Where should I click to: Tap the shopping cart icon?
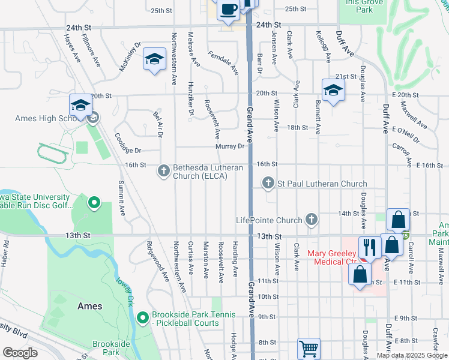click(x=309, y=348)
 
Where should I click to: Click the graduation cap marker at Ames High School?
click(x=80, y=106)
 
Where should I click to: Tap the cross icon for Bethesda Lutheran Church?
click(x=163, y=170)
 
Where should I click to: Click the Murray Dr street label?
click(x=231, y=146)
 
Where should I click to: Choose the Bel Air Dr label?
click(x=158, y=123)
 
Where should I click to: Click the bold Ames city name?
click(x=90, y=305)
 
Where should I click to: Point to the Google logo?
click(x=20, y=352)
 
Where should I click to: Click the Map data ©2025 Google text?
click(x=411, y=355)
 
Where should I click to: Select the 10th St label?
click(x=268, y=296)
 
